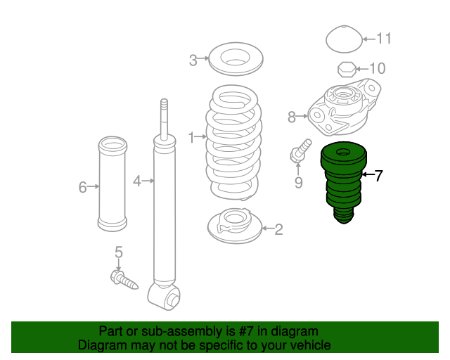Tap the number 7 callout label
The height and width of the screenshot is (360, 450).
coord(379,175)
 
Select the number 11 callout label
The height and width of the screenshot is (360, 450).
coord(384,39)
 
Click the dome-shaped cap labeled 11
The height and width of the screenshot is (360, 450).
coord(344,39)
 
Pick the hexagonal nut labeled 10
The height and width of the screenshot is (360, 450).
coord(347,69)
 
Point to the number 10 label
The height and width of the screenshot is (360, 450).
coord(377,68)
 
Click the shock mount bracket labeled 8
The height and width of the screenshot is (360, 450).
coord(345,107)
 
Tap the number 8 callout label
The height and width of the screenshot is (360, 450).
coord(292,117)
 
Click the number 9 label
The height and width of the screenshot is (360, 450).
coord(298,183)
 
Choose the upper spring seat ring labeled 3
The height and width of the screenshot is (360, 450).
coord(236,59)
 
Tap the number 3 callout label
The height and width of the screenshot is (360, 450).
coord(193,60)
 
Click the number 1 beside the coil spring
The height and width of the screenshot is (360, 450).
coord(191,138)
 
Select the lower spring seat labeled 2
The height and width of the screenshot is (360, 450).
coord(235,226)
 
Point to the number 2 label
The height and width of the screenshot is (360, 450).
coord(278,229)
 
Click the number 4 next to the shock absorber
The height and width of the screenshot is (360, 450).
coord(137,181)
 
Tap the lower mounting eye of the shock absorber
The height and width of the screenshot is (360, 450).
coord(164,296)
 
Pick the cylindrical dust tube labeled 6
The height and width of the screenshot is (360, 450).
coord(112,184)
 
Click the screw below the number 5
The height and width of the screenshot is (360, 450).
coord(124,280)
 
